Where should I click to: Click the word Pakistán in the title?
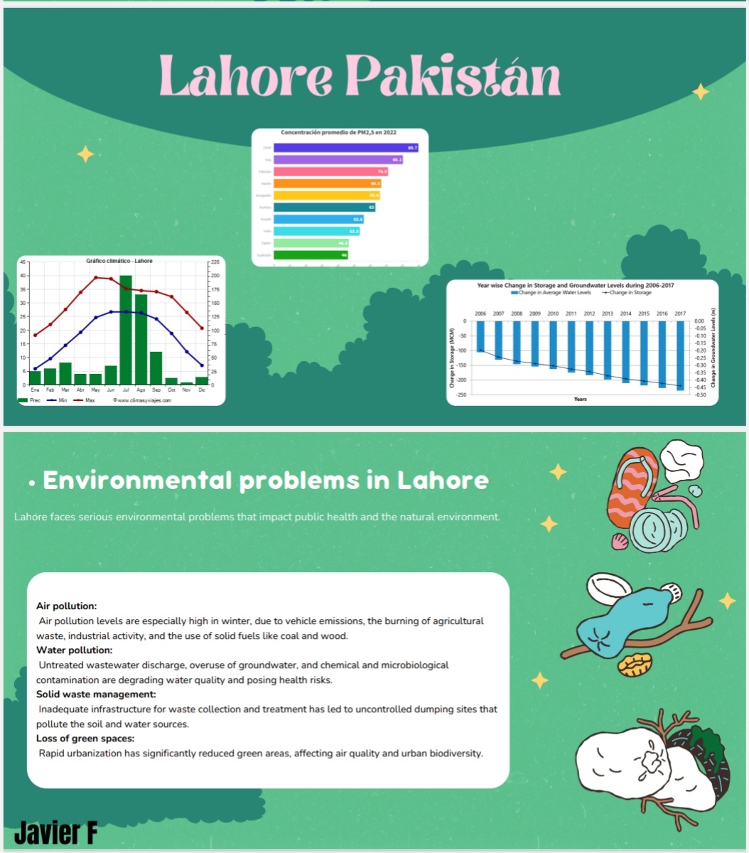coord(455,76)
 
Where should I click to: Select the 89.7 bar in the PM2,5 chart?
coord(345,148)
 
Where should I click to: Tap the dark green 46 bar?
coord(311,254)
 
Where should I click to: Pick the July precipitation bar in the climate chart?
coord(126,329)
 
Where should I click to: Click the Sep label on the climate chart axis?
coord(156,390)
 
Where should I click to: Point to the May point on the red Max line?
coord(96,277)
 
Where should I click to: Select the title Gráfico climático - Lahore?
coord(119,261)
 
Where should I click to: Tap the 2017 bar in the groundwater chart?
coord(680,355)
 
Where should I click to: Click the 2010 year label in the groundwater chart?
coord(553,313)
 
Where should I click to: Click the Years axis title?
coord(581,399)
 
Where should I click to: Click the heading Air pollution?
coord(66,606)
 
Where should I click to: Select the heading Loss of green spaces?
coord(85,739)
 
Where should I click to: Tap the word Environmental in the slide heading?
coord(137,481)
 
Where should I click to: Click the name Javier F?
coord(55,832)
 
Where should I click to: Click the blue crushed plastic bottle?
coord(619,618)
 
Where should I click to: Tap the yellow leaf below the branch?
coord(635,665)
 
